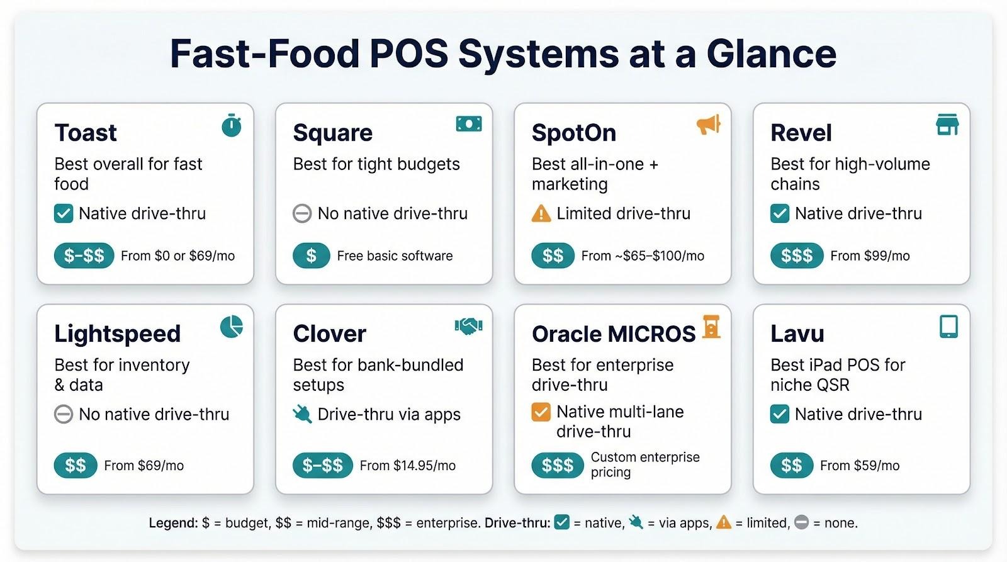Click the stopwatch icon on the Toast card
[232, 126]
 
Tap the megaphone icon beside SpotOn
[708, 125]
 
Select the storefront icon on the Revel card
[947, 125]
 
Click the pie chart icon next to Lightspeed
[232, 327]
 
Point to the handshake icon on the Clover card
[468, 326]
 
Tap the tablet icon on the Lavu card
[948, 327]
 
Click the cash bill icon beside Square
[469, 124]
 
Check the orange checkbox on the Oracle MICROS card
[541, 412]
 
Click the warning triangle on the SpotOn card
[541, 214]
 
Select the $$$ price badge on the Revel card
[796, 256]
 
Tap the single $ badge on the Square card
[311, 256]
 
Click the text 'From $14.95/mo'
[407, 466]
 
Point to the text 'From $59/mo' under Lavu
[859, 466]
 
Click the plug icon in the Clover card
[302, 414]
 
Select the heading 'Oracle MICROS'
[613, 334]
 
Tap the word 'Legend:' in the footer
[173, 523]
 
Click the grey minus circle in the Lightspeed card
[64, 415]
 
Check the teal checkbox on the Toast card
[64, 214]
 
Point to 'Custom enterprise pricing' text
[644, 464]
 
